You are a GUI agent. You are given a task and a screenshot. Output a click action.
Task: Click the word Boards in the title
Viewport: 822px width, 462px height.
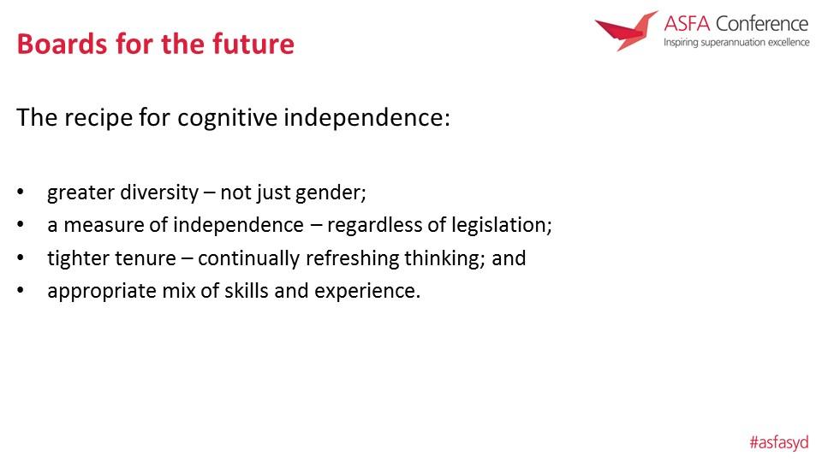point(63,44)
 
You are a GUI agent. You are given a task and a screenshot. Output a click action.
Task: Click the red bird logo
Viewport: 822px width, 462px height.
point(626,31)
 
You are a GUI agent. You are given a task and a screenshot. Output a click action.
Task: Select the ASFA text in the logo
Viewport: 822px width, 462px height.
point(687,24)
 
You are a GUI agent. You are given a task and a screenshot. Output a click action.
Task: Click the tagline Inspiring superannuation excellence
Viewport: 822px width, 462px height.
point(736,43)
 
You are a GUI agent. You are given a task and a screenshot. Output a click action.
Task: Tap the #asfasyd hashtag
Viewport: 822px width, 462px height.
point(779,442)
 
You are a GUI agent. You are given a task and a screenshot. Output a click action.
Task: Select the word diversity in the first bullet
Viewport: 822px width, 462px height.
point(159,192)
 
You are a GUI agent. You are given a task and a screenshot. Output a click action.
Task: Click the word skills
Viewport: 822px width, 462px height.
point(247,291)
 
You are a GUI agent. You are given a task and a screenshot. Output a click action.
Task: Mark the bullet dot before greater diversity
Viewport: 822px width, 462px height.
point(21,192)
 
